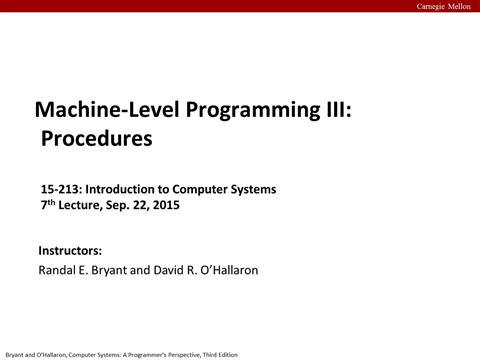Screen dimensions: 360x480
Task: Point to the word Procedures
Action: pos(96,138)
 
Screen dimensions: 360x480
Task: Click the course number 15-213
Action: pos(59,189)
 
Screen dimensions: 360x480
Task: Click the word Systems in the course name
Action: pos(251,189)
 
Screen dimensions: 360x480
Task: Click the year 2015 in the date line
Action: pos(161,205)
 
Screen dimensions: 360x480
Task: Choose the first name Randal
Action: pos(57,270)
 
